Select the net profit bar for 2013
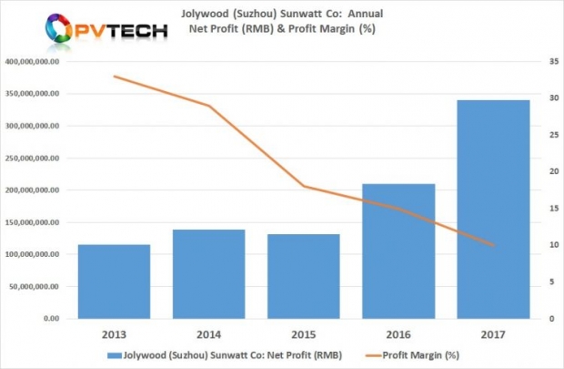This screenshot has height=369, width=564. coord(114,282)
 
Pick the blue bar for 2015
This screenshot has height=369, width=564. coord(304,277)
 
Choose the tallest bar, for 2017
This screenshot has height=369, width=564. coord(493,210)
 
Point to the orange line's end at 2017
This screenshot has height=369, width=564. coord(493,245)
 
